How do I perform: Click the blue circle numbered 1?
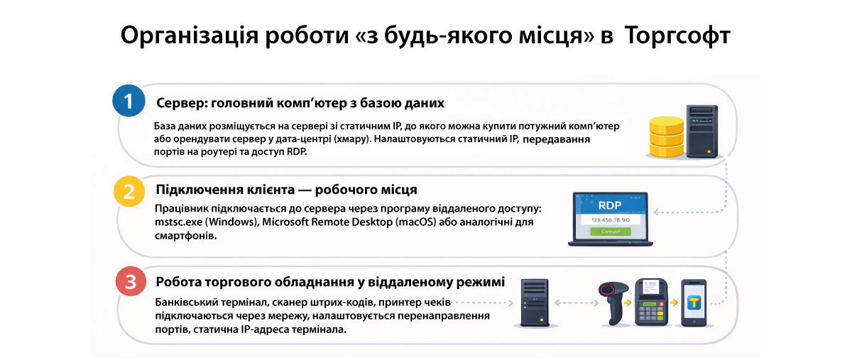click(x=129, y=102)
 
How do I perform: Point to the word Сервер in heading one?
click(x=178, y=103)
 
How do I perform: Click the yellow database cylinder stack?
click(x=666, y=138)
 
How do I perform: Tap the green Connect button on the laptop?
click(x=611, y=231)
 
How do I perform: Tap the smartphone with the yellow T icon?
click(x=694, y=302)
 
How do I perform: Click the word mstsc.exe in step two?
click(x=177, y=222)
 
